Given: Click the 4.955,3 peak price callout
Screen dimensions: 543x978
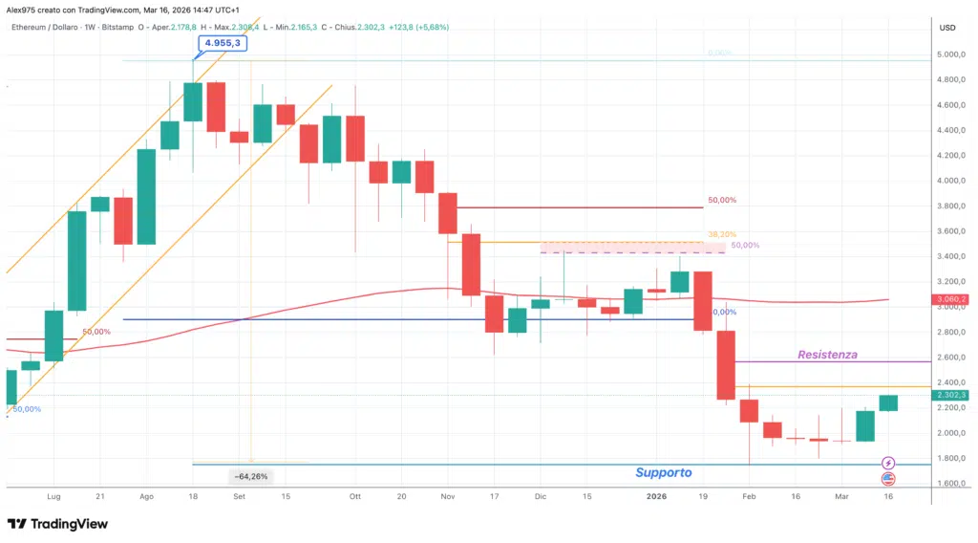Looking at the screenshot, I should tap(221, 43).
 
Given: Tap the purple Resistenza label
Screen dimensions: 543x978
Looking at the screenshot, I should tap(828, 355).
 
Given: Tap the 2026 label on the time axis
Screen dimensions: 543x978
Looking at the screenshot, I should tap(656, 497).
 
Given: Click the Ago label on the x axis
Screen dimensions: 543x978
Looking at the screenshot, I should tap(146, 497).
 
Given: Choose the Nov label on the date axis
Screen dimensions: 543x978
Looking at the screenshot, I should tap(448, 497).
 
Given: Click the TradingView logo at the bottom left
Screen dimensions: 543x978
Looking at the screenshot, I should tap(57, 524).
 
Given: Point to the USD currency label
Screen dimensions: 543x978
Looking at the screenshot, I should tap(947, 28).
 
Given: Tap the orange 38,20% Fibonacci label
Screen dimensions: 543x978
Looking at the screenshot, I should tap(722, 234).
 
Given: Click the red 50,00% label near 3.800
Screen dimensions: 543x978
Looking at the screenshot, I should tap(722, 201).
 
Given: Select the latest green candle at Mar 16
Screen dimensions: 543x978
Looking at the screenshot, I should tap(888, 402).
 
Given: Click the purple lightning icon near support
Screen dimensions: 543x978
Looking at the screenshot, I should tap(888, 463).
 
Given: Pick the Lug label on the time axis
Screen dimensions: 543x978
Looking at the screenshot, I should tap(53, 497).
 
